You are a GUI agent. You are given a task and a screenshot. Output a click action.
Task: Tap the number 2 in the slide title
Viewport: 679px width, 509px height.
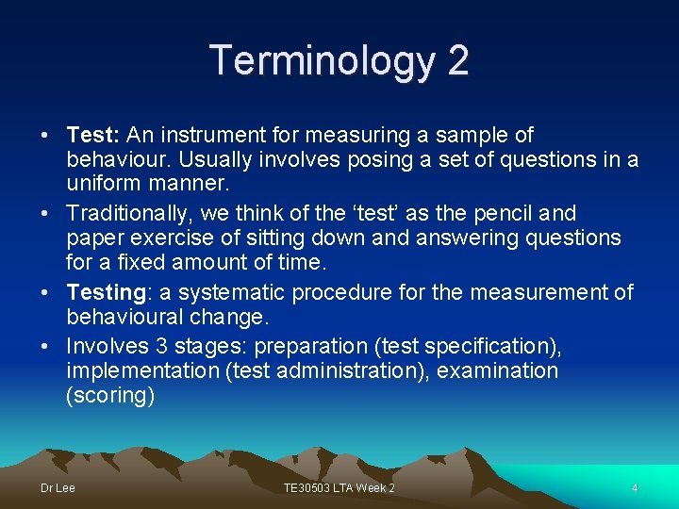tap(457, 61)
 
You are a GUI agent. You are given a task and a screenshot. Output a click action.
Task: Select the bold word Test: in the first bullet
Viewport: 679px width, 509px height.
tap(93, 135)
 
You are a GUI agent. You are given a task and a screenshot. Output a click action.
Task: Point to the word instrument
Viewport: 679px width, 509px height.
tap(205, 135)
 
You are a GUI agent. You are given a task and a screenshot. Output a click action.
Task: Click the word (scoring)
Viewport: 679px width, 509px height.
tap(110, 396)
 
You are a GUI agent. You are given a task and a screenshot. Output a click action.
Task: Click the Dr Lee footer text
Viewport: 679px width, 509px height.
tap(58, 488)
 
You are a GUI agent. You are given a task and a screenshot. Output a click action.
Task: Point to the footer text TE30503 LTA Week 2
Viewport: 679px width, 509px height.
tap(339, 488)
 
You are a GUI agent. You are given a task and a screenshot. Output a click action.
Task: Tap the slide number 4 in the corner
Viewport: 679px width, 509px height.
tap(635, 488)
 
